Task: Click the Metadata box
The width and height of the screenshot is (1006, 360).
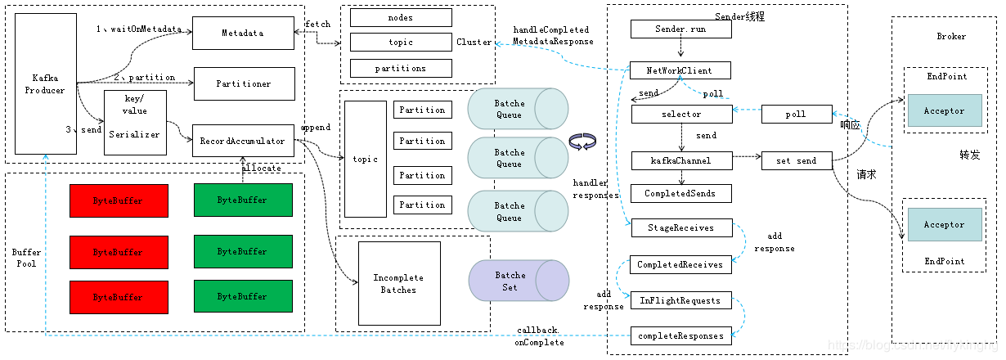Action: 243,32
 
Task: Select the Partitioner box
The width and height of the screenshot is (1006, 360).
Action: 243,83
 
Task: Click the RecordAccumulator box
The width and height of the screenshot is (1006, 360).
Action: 243,141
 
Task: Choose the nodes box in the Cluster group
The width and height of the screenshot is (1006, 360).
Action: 401,17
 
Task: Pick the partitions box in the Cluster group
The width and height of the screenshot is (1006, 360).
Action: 401,68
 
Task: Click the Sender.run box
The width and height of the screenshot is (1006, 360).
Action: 680,29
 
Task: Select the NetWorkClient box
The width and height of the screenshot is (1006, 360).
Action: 680,70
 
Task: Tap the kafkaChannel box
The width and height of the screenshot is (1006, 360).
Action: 680,161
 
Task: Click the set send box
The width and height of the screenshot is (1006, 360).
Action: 796,161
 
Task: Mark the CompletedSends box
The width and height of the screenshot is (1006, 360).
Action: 680,194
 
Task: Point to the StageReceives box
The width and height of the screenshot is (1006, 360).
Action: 680,227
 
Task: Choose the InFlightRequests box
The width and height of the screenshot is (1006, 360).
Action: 680,300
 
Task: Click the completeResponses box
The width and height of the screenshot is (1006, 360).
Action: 680,335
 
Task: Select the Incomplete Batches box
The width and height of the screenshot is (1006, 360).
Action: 399,283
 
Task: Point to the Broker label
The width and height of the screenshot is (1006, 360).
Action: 951,36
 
